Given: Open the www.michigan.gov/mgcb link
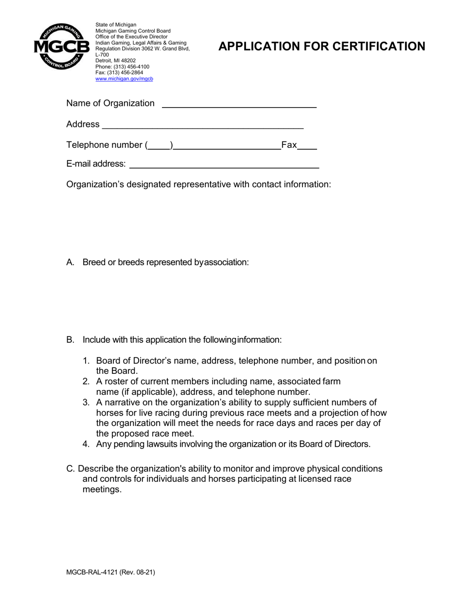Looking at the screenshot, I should pyautogui.click(x=124, y=79).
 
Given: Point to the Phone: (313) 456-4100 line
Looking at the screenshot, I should pyautogui.click(x=122, y=67).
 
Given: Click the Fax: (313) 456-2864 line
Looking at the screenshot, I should pyautogui.click(x=119, y=72).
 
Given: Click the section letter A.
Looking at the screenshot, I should pyautogui.click(x=70, y=263).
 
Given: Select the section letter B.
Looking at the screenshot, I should pyautogui.click(x=70, y=340).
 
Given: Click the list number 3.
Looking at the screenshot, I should pyautogui.click(x=86, y=403).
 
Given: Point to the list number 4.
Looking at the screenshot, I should pyautogui.click(x=86, y=444).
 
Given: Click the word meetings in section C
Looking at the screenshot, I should pyautogui.click(x=102, y=490).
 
